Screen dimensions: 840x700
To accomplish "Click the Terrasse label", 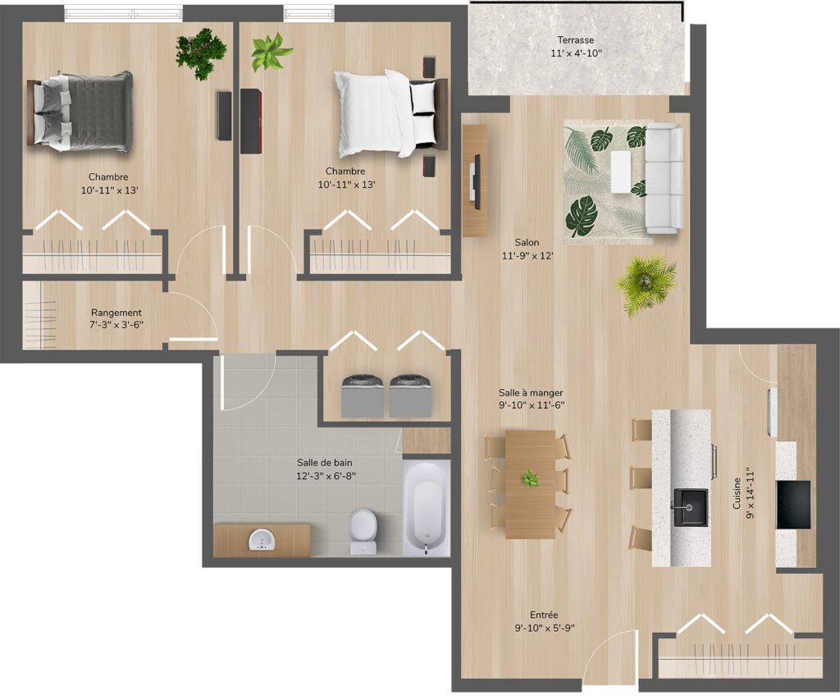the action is [x=575, y=40].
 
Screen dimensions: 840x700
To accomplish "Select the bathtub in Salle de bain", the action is [x=427, y=509].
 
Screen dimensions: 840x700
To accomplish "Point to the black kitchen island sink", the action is [x=691, y=506].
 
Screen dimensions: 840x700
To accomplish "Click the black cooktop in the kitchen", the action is [x=793, y=505].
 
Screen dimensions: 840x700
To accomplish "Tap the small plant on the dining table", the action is [x=530, y=478].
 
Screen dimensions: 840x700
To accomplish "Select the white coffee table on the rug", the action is [x=622, y=172].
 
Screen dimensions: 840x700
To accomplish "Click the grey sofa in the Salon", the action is [x=664, y=178].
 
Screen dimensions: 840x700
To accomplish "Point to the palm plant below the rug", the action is [x=646, y=284].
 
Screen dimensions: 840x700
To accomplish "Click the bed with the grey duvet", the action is [x=80, y=112].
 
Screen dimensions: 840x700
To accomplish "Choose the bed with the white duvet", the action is [x=391, y=113].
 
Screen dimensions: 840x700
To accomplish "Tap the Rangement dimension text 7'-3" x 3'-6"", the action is [x=116, y=324].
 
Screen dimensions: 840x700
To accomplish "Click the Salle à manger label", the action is [x=531, y=393].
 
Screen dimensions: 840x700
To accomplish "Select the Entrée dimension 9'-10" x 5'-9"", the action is [x=545, y=628].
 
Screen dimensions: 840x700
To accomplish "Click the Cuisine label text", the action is [x=737, y=494].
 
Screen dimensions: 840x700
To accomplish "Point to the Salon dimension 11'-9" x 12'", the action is [x=527, y=256].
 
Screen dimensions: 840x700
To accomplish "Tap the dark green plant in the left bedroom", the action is [x=202, y=53].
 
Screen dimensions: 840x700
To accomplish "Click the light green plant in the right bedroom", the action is [x=272, y=52].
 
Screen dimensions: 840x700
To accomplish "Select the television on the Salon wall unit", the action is [x=473, y=180].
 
